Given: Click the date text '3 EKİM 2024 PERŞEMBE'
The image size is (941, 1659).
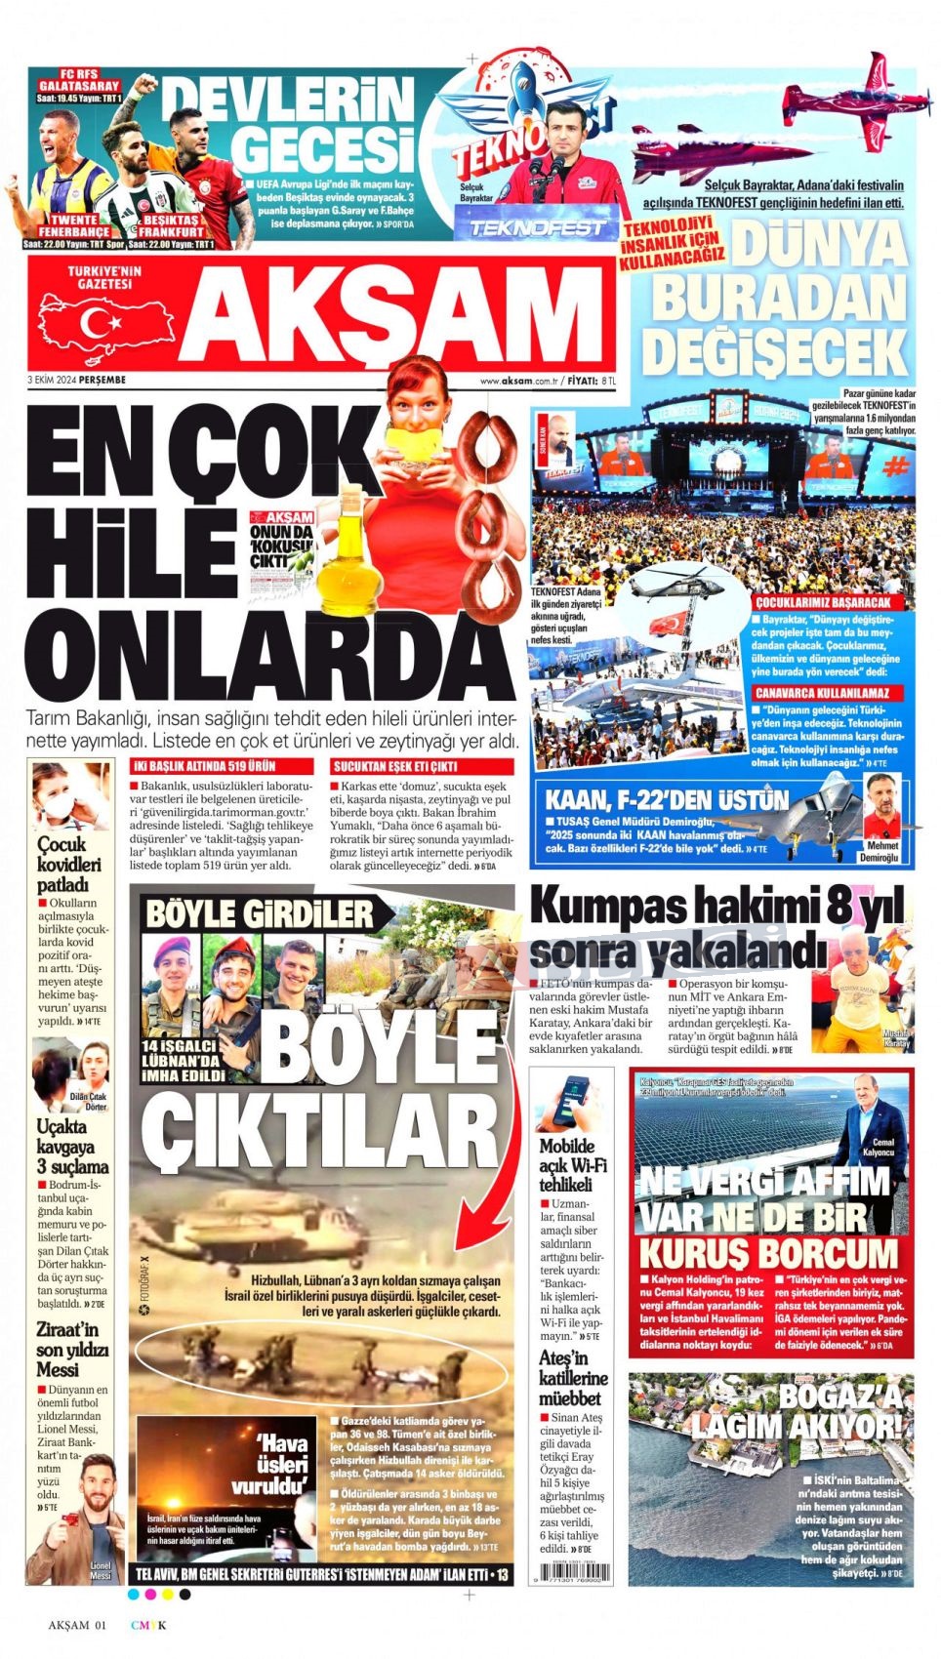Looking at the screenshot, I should click(77, 380).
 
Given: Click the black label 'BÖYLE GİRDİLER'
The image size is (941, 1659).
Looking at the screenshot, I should click(261, 914).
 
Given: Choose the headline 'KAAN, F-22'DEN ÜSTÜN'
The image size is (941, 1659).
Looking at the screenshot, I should click(666, 801).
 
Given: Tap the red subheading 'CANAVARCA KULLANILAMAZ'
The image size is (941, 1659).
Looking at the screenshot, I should click(828, 693).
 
